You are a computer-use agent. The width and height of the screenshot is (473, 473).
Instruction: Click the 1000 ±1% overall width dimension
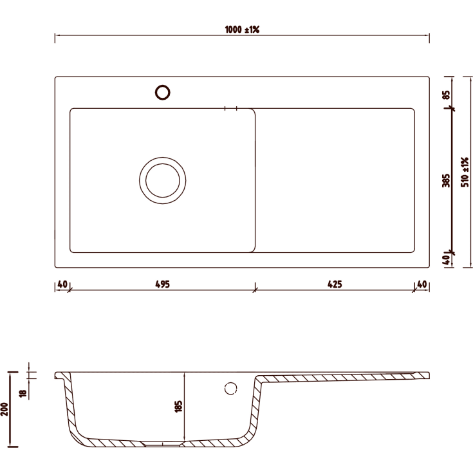242,30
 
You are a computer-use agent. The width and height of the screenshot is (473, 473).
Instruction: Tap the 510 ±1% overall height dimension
465,172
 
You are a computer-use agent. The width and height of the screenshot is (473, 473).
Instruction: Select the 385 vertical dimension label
446,180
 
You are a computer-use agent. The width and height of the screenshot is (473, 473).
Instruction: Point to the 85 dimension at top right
446,95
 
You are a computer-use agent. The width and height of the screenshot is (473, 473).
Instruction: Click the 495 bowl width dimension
162,284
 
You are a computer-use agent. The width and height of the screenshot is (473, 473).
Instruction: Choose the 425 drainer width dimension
335,284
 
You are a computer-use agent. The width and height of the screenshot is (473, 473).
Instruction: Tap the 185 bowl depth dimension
178,406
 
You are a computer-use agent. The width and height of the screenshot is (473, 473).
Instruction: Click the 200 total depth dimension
5,409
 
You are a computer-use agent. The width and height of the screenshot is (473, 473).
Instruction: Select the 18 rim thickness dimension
23,393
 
